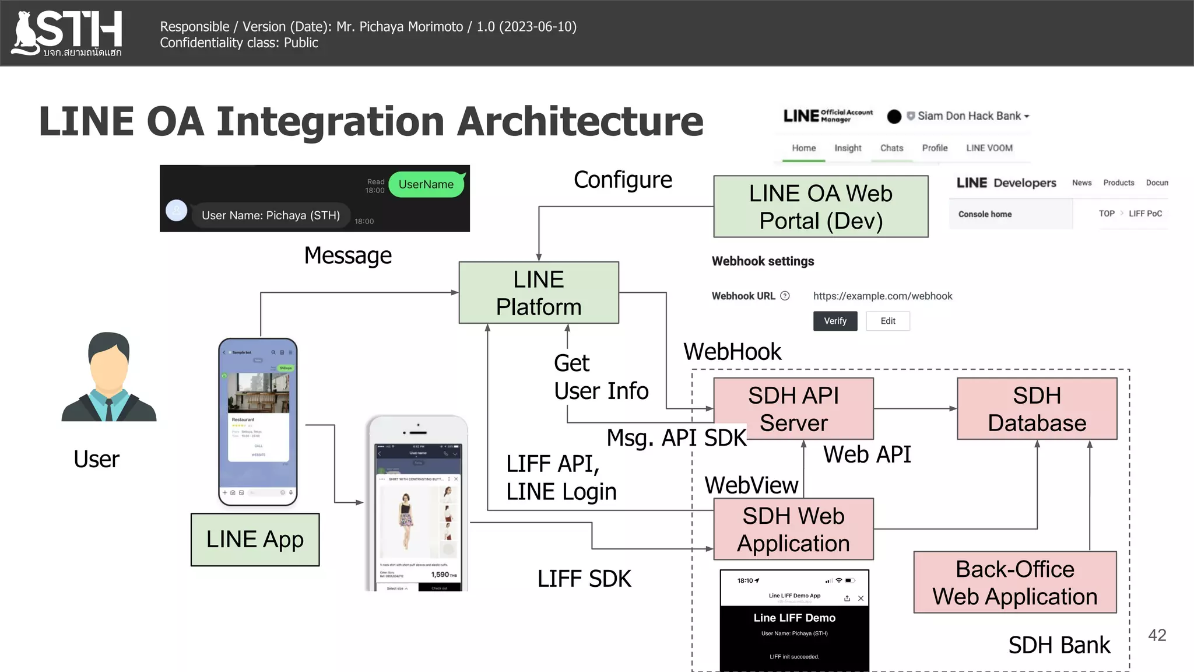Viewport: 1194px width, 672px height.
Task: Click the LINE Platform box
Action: click(x=539, y=293)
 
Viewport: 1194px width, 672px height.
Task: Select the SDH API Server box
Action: click(x=793, y=409)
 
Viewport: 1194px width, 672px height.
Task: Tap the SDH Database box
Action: click(x=1037, y=409)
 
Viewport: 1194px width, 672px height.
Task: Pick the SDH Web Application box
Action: click(x=793, y=529)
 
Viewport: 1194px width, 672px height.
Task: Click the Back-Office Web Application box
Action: click(x=1014, y=582)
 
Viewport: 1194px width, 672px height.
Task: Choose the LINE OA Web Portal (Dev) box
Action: click(x=820, y=206)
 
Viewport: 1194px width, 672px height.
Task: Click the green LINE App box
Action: click(x=255, y=540)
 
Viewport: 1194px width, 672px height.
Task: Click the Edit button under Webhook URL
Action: click(x=887, y=321)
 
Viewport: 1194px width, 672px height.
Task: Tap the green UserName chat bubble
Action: click(x=426, y=184)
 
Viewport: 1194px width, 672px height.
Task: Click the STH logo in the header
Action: click(x=68, y=33)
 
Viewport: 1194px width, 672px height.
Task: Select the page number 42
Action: click(x=1157, y=635)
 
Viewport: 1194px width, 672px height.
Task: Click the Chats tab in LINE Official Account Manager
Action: click(x=891, y=148)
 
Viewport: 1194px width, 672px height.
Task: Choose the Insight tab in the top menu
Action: click(x=848, y=148)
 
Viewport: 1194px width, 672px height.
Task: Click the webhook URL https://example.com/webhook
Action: click(x=882, y=296)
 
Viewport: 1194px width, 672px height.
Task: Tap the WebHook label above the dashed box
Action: click(x=732, y=352)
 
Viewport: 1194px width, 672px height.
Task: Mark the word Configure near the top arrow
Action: click(x=623, y=180)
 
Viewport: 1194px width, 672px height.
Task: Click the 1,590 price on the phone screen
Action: click(x=440, y=575)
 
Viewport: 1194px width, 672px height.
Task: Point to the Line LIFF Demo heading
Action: click(x=794, y=618)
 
